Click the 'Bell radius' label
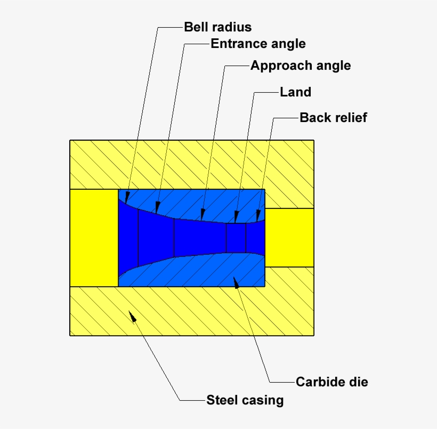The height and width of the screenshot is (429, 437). tap(217, 27)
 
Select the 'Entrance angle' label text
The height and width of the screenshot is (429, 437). tap(258, 44)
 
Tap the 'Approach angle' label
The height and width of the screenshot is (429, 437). tap(301, 66)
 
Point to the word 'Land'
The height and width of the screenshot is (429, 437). tap(295, 92)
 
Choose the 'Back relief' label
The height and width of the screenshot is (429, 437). tap(333, 118)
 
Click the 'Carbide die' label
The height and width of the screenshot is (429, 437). tap(331, 382)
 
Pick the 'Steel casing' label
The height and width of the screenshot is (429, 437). tap(245, 400)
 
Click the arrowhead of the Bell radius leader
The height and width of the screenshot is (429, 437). tap(127, 195)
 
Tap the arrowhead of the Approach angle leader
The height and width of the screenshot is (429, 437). tap(203, 214)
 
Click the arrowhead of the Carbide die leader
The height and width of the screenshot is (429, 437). tap(236, 281)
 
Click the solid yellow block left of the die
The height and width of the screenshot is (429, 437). tap(94, 238)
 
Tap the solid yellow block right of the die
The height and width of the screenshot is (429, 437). tap(289, 238)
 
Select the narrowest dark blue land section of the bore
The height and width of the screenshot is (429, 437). tap(236, 238)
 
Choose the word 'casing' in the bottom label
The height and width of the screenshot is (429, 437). tap(264, 400)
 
